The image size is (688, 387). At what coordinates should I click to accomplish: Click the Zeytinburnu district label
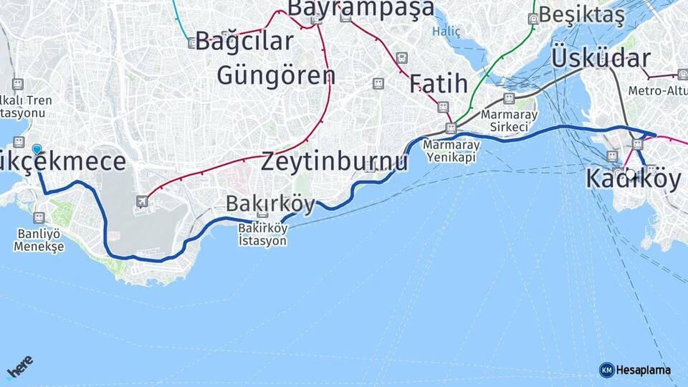[335, 161]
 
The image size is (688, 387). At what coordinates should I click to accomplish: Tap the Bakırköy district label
[270, 204]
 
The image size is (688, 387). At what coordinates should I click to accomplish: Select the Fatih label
[439, 84]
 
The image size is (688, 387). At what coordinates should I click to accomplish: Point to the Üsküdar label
[601, 58]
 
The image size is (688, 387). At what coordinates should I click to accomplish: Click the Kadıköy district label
[633, 179]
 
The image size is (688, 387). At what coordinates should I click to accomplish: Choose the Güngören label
[276, 75]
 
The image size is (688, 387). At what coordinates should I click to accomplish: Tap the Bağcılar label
[244, 41]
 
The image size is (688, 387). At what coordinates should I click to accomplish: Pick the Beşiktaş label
[582, 14]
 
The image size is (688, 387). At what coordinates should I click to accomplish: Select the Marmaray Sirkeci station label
[505, 120]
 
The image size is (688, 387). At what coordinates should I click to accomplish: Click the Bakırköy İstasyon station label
[262, 235]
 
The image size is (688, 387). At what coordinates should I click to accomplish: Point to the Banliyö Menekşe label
[39, 241]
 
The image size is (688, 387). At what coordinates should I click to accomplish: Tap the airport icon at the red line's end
[143, 202]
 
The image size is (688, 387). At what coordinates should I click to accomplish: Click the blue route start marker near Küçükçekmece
[37, 150]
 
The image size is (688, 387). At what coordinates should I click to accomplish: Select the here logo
[19, 368]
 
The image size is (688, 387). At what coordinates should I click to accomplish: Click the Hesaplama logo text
[643, 370]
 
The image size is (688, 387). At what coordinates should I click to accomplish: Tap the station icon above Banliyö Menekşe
[39, 218]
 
